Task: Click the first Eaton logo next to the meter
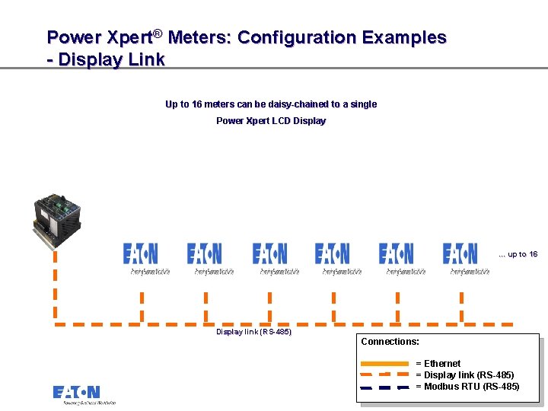(x=141, y=253)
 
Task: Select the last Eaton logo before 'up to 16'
(x=460, y=253)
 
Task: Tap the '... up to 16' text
(x=518, y=254)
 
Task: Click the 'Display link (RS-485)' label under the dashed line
(x=253, y=332)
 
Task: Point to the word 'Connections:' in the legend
(x=390, y=342)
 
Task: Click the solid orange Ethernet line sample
(x=384, y=364)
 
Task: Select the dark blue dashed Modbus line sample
(x=384, y=387)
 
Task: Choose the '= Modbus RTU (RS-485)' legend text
(x=467, y=387)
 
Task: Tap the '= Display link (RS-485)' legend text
(x=464, y=375)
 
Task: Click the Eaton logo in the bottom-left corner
(x=77, y=393)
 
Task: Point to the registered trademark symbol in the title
(x=158, y=33)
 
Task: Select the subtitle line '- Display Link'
(x=106, y=60)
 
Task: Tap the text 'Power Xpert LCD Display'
(x=271, y=121)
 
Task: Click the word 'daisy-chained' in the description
(x=297, y=104)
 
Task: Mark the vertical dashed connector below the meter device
(x=55, y=282)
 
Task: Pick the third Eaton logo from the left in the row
(x=270, y=253)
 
